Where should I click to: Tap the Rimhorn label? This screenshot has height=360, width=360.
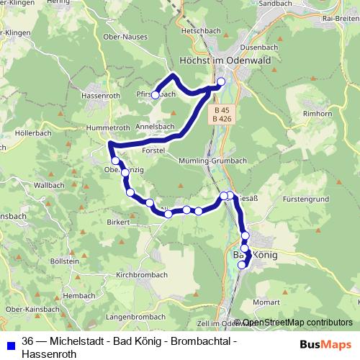318,114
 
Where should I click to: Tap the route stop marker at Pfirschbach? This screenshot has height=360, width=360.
155,94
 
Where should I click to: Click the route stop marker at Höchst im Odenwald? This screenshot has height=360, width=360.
221,81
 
